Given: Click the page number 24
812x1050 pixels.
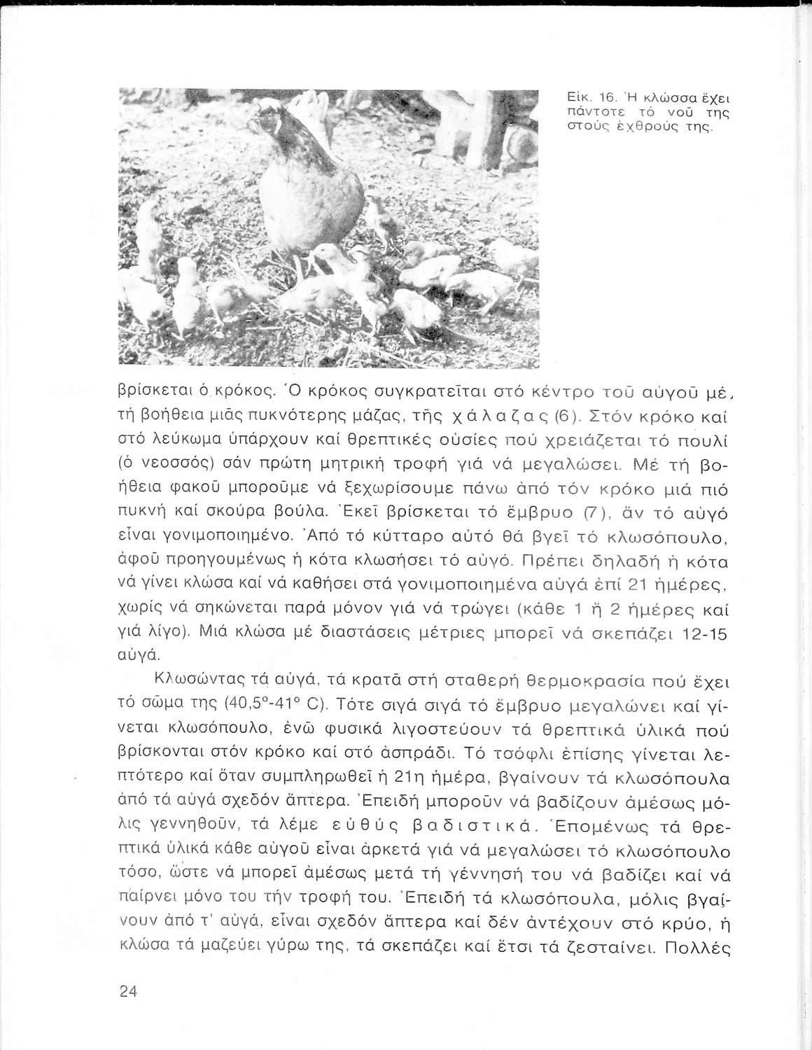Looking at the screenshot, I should click(x=127, y=992).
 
